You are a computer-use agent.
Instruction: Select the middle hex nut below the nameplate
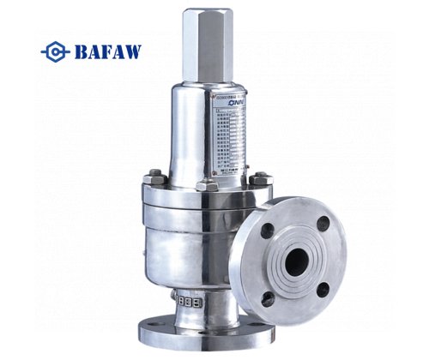tap(204, 183)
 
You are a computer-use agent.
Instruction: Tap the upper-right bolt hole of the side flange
tap(323, 224)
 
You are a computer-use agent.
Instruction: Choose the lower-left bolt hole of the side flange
tap(269, 298)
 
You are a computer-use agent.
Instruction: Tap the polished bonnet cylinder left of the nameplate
tap(184, 137)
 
